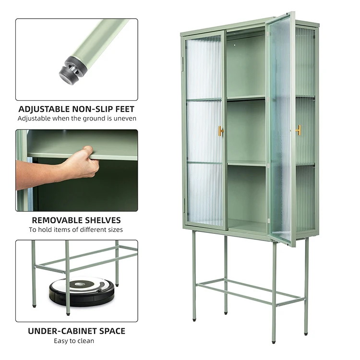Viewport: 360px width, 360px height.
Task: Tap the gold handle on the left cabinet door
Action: point(221,131)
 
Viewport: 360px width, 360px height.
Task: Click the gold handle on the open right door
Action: point(298,130)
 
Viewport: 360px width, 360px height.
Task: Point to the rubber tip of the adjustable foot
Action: point(70,71)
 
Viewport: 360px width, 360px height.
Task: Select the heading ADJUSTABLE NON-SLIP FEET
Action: point(76,109)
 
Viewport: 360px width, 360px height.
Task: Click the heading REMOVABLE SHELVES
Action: point(76,220)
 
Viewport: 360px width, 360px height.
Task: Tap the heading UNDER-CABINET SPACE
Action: point(76,331)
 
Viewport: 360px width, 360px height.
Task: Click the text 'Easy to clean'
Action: point(76,341)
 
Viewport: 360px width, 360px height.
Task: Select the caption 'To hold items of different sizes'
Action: point(76,230)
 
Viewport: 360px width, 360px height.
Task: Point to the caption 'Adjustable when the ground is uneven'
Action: point(77,119)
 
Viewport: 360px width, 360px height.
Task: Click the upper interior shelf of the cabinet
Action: point(246,98)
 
